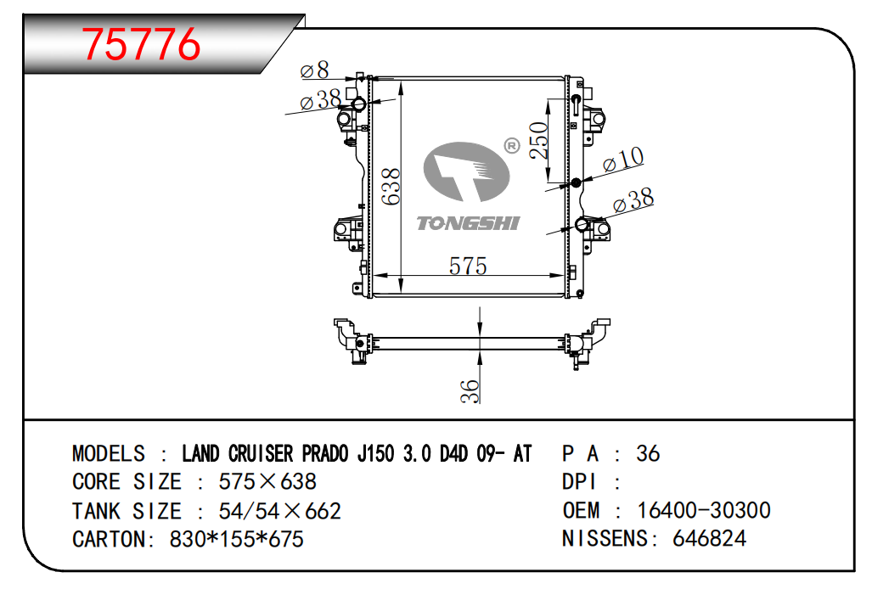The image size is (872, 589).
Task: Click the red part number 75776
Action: click(141, 44)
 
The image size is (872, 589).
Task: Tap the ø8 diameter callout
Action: click(314, 70)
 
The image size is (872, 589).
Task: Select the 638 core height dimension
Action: click(391, 187)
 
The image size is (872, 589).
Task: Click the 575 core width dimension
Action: click(468, 266)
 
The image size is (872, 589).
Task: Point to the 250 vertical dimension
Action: click(539, 141)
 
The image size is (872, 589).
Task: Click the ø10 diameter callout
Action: click(623, 160)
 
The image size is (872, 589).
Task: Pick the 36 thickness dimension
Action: click(470, 390)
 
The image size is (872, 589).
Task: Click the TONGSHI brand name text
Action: click(468, 223)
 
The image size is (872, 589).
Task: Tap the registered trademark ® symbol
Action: click(512, 146)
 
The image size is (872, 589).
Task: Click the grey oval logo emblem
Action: click(466, 171)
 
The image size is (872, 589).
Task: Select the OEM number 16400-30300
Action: click(704, 510)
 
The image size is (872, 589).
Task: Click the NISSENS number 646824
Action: click(709, 538)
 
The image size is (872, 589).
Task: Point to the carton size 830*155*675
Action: click(236, 539)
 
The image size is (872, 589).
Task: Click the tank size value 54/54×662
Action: click(279, 511)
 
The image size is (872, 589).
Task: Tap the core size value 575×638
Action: click(267, 482)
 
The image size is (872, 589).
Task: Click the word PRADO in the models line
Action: click(325, 453)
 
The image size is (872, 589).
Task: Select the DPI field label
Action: click(579, 482)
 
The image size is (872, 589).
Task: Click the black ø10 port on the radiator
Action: click(576, 182)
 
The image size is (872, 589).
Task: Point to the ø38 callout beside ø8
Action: click(320, 100)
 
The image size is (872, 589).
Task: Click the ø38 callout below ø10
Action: click(633, 200)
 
